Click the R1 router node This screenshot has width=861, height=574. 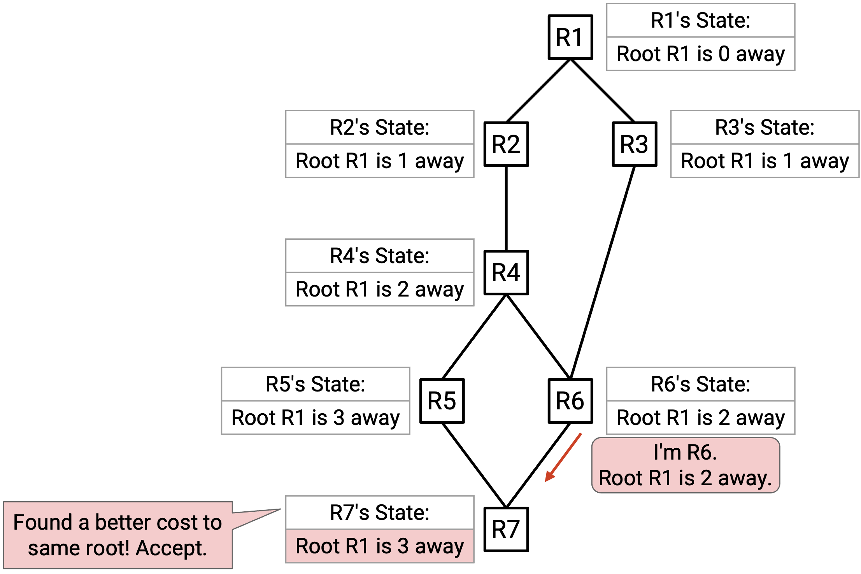[570, 37]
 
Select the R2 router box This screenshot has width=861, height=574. [506, 144]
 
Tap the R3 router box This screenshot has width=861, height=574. [635, 144]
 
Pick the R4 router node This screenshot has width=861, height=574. [506, 272]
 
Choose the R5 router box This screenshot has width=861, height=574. [442, 401]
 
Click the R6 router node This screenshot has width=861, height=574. [570, 401]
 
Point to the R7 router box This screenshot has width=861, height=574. [506, 529]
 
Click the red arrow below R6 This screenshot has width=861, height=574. [563, 457]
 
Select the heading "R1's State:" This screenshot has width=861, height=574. [701, 20]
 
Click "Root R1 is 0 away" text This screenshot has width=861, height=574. [701, 54]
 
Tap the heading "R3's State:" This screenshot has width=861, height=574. [765, 127]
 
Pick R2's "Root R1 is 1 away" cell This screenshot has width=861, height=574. [380, 161]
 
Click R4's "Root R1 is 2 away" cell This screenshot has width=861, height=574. [380, 289]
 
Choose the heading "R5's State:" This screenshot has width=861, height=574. [316, 384]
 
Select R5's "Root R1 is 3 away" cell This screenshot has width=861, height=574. [316, 418]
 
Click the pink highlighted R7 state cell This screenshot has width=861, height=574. [380, 546]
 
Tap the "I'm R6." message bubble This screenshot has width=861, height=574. [686, 465]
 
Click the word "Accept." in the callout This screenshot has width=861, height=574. [171, 548]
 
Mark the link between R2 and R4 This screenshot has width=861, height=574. [506, 209]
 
